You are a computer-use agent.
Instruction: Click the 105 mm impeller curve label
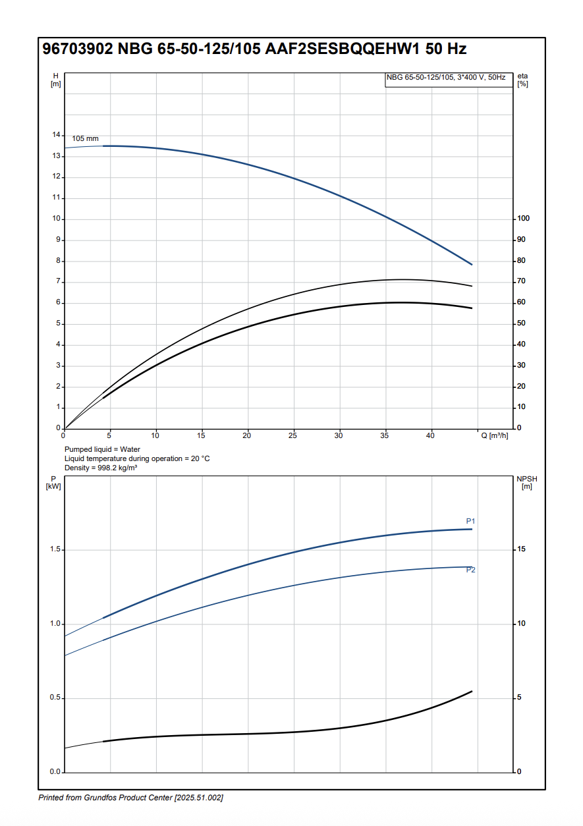(x=85, y=138)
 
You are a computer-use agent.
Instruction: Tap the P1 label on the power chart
(x=470, y=522)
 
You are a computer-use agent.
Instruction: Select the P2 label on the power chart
(x=470, y=570)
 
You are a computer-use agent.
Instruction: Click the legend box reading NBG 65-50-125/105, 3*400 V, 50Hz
(x=446, y=78)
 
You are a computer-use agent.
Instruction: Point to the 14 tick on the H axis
(x=56, y=135)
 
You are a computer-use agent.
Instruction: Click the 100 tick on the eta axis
(x=523, y=219)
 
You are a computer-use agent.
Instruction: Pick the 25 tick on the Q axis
(x=293, y=435)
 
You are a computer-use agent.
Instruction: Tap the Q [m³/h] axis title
(x=495, y=435)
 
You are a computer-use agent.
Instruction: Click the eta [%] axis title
(x=523, y=80)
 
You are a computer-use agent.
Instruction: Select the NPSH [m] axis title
(x=526, y=482)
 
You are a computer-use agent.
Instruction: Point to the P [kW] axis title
(x=53, y=482)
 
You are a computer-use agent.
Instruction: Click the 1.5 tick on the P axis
(x=55, y=549)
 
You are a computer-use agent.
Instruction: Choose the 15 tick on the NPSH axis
(x=521, y=549)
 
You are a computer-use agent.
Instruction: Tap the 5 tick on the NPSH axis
(x=519, y=698)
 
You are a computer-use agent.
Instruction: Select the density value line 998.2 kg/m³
(x=101, y=468)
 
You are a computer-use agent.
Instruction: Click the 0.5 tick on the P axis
(x=55, y=698)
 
